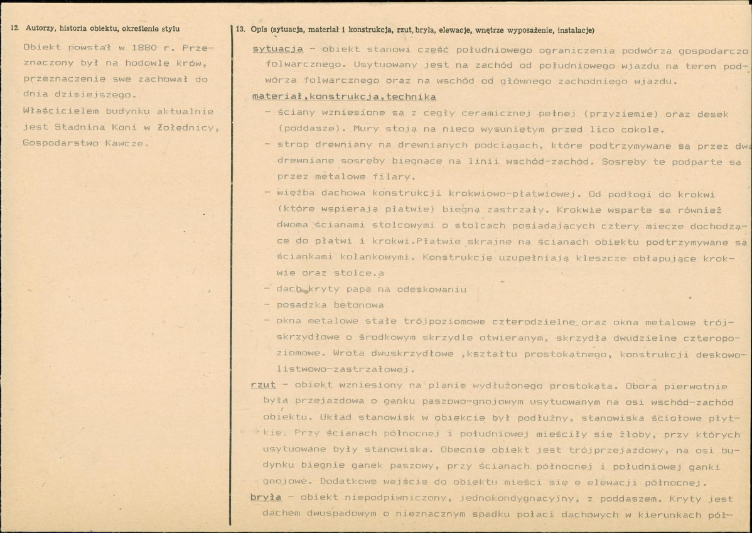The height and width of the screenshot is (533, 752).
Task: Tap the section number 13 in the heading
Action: [240, 30]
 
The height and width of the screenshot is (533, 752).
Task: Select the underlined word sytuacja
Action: [277, 49]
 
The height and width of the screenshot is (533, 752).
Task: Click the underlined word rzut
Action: [263, 385]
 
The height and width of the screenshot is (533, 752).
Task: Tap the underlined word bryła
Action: [266, 498]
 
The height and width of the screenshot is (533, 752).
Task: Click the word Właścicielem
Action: [55, 112]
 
